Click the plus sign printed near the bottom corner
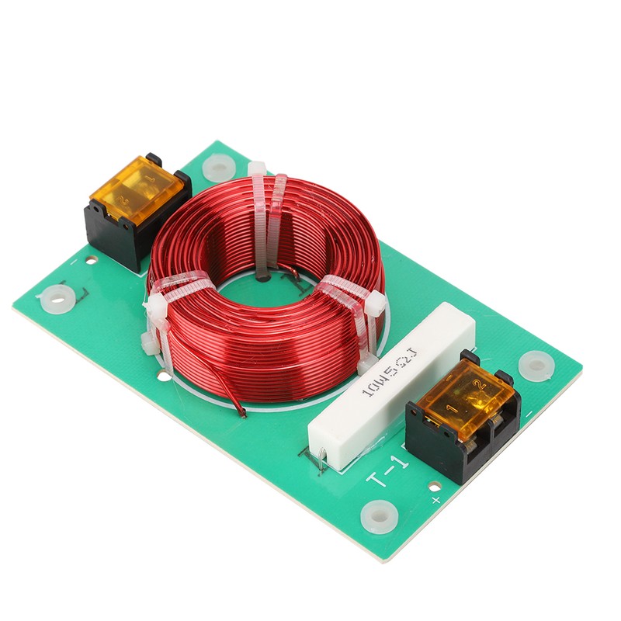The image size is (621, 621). (x=435, y=500)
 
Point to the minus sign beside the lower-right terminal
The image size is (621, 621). (x=529, y=414)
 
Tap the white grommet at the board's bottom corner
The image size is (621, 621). (x=379, y=514)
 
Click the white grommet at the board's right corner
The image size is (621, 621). (x=536, y=364)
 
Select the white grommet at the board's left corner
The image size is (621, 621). (x=57, y=297)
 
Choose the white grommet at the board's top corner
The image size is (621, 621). (x=219, y=167)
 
